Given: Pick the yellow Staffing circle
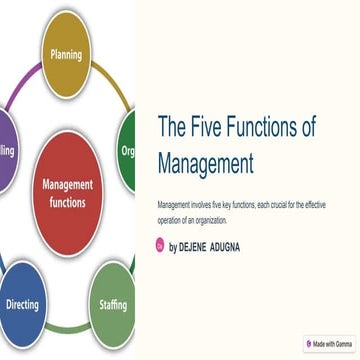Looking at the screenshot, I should pos(112,303).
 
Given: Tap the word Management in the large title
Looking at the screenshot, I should pos(206,164).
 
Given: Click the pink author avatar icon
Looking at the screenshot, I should pos(160,245).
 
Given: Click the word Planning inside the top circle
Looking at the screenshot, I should pos(67,54).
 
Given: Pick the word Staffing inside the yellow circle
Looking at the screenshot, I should pos(112,303).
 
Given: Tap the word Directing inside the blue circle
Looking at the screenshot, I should pos(23,303).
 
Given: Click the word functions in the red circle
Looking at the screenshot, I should pos(67,201).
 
